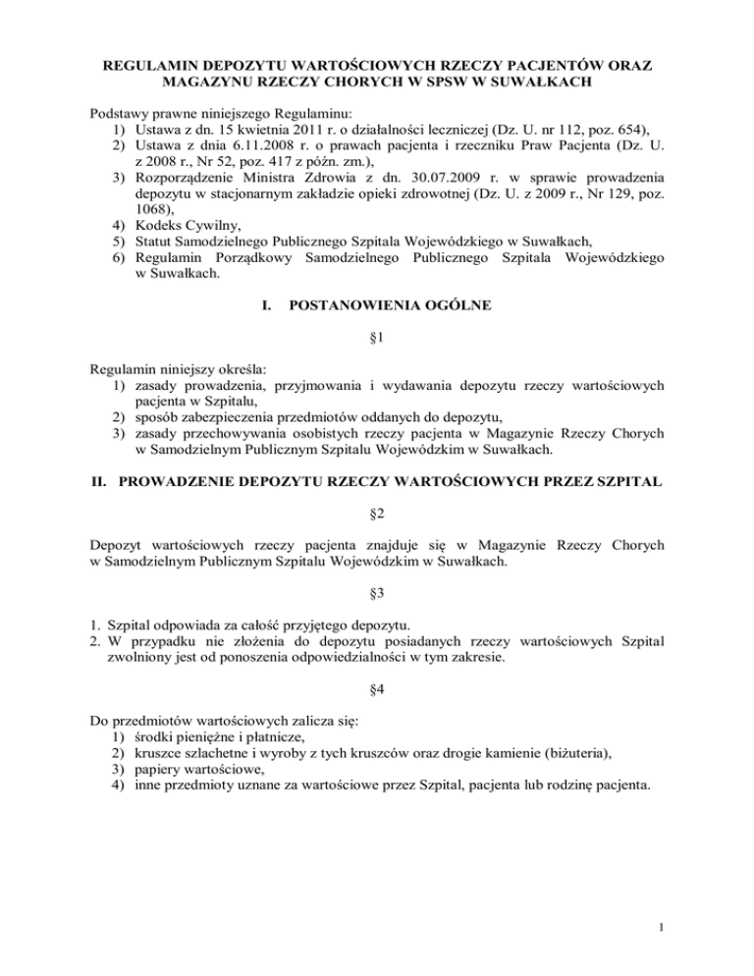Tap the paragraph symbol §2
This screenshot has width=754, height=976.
click(x=377, y=514)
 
